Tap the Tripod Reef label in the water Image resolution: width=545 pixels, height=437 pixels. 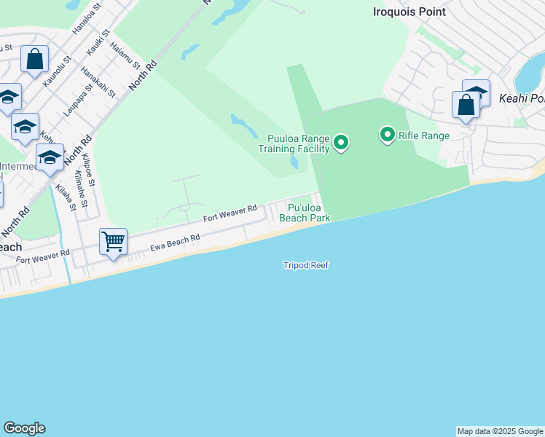306,265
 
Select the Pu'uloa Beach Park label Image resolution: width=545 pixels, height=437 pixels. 305,213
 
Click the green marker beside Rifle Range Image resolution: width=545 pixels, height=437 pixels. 387,135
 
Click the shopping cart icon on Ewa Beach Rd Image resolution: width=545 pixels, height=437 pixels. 113,240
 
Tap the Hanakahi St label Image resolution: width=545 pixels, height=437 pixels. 98,82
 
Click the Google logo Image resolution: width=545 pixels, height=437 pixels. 24,428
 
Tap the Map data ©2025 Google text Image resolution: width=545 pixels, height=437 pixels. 500,431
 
